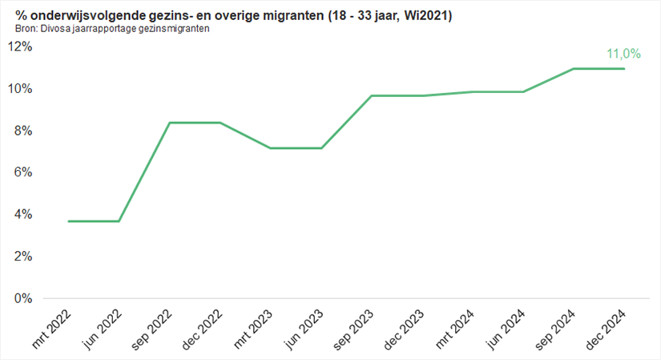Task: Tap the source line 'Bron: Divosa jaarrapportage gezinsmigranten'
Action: [x=113, y=29]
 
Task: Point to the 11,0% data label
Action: [x=623, y=54]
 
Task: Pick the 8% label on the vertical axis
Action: [x=22, y=131]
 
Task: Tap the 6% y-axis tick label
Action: [x=22, y=172]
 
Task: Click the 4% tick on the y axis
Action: [x=22, y=214]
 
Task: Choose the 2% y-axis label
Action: [x=22, y=257]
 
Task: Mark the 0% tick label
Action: [x=22, y=298]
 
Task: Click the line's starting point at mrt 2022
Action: [x=69, y=221]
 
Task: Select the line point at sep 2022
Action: [x=170, y=123]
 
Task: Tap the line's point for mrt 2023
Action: [x=271, y=148]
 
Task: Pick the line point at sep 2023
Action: [x=372, y=95]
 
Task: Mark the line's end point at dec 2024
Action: [x=624, y=68]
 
